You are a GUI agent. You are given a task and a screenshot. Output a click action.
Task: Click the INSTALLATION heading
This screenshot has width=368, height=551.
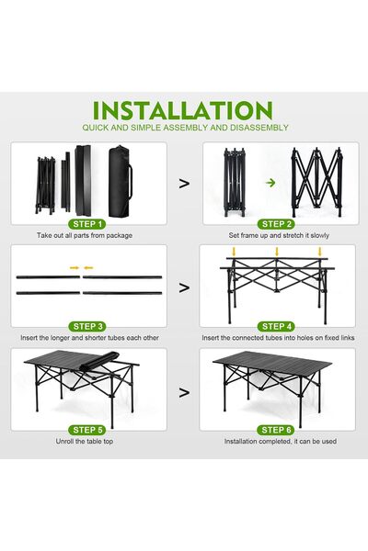click(x=184, y=110)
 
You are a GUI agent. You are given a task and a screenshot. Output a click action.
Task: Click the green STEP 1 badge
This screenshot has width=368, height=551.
click(x=88, y=223)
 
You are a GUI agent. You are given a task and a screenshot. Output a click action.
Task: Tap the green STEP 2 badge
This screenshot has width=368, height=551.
click(x=279, y=223)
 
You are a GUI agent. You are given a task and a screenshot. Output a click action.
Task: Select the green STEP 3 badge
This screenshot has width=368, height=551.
click(x=88, y=326)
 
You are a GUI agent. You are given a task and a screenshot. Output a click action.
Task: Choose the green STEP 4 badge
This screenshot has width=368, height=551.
click(x=279, y=326)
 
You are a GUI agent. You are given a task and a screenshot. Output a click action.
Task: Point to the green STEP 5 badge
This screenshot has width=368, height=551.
click(x=88, y=429)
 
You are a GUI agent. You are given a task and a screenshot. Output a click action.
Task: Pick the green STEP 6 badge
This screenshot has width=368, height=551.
click(x=279, y=429)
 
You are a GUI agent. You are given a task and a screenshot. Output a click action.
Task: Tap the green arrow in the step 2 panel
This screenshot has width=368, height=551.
click(x=270, y=183)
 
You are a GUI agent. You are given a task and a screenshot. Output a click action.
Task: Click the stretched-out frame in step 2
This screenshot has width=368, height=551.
click(x=316, y=181)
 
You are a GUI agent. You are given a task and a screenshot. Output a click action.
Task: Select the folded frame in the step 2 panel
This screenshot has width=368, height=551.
click(x=232, y=181)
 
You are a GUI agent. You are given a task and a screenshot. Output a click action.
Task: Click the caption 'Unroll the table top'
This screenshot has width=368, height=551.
click(x=88, y=442)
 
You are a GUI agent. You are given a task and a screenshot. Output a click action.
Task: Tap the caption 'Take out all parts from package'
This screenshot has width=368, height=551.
click(x=85, y=236)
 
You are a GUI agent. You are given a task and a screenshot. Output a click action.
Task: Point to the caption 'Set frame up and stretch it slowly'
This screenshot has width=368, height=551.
click(x=279, y=236)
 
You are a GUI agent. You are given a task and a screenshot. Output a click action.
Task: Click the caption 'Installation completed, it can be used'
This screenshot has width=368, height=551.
click(x=279, y=442)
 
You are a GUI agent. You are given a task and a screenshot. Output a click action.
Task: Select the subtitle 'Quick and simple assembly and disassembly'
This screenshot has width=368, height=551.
click(x=184, y=128)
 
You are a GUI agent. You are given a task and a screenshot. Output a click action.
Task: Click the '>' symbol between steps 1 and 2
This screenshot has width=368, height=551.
click(x=184, y=183)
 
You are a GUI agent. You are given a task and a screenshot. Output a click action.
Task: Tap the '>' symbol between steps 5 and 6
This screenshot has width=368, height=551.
click(x=184, y=389)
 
